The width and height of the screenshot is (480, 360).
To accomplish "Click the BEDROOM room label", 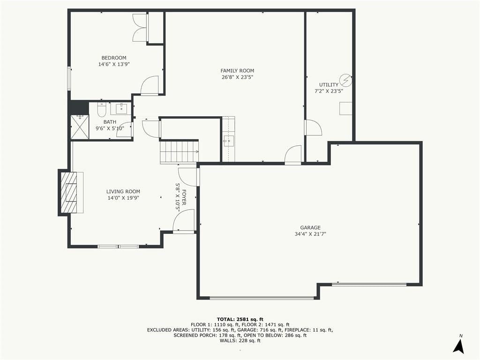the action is click(114, 58).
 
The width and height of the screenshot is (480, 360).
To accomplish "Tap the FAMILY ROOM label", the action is click(237, 71).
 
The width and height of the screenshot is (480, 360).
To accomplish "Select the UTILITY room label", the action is click(329, 85).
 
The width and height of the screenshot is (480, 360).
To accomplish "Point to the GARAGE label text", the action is click(310, 227).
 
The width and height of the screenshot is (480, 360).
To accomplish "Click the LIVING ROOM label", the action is click(123, 192).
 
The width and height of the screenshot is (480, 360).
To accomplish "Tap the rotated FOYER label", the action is click(184, 197).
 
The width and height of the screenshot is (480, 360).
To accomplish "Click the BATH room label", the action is click(110, 122).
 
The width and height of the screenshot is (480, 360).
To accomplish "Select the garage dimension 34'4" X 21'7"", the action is click(310, 234).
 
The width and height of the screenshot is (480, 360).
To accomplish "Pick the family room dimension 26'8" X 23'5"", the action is click(237, 77).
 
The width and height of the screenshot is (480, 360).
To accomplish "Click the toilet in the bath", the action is click(101, 110).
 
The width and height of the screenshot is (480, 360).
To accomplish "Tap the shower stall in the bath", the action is click(80, 127).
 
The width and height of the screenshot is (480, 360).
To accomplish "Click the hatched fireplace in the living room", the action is click(68, 192).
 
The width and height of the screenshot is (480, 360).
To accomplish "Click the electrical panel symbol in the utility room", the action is click(346, 81).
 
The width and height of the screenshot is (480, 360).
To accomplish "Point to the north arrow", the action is click(458, 345).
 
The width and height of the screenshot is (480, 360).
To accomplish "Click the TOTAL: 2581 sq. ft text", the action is click(240, 319).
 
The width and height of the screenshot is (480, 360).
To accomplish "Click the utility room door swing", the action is click(313, 127).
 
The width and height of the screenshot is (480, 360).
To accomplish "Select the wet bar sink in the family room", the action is click(228, 141).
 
